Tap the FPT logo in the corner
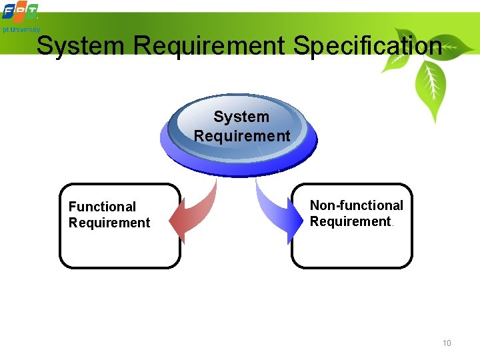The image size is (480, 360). [20, 12]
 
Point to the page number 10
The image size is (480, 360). [447, 343]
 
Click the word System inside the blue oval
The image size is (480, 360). [241, 117]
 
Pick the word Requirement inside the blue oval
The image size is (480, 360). [242, 136]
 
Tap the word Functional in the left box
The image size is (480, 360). [102, 207]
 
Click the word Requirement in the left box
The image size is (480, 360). [109, 223]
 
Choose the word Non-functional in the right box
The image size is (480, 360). [357, 205]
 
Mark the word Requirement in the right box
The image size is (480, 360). [350, 221]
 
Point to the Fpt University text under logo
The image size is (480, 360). [20, 30]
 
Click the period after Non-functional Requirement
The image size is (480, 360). [393, 225]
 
